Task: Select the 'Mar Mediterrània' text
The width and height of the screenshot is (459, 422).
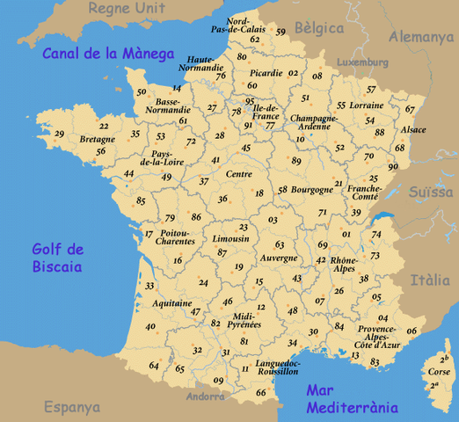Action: point(352,400)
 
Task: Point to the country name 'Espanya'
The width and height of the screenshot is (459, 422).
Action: point(72,408)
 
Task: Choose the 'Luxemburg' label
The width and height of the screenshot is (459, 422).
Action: point(361,63)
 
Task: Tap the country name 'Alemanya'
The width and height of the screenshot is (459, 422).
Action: point(421,37)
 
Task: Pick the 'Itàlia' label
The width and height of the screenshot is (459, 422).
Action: point(430,280)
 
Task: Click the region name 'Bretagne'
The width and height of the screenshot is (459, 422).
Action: point(98,140)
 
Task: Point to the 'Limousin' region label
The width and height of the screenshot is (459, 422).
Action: point(229,239)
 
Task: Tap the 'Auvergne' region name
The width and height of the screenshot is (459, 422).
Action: point(279,258)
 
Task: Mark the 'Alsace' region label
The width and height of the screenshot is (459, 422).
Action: point(412,130)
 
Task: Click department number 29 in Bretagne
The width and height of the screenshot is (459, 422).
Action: point(59,135)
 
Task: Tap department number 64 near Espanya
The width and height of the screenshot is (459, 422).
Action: point(154,366)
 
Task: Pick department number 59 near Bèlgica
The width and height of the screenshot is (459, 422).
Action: point(280,33)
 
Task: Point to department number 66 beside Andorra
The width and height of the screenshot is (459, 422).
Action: point(260,392)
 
